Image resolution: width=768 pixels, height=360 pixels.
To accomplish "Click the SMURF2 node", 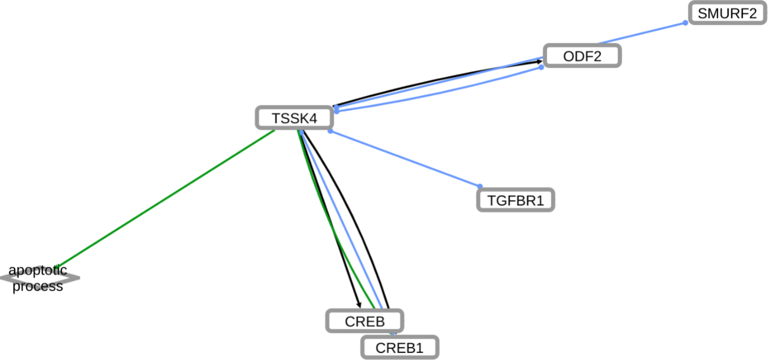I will (x=727, y=13).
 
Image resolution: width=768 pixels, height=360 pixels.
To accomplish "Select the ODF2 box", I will (x=582, y=56).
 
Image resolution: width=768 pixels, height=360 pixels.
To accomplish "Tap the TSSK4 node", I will (x=294, y=118).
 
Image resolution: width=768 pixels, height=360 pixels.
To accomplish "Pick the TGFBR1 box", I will (x=515, y=201).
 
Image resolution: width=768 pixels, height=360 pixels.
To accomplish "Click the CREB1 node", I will (x=400, y=348).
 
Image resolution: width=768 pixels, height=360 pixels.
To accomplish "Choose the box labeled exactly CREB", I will (x=365, y=321).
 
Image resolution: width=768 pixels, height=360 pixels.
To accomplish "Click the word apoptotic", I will (x=38, y=270).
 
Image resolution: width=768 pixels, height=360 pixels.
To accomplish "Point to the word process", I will (x=38, y=286).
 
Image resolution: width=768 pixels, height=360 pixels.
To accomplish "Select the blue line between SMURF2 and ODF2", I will (x=643, y=32).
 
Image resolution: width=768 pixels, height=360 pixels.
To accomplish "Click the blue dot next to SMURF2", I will (x=685, y=23).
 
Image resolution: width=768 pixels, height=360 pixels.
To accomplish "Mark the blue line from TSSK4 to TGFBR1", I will (x=406, y=159).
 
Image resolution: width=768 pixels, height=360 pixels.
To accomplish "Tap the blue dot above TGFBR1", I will (x=480, y=186).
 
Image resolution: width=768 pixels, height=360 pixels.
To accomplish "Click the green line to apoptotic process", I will (x=168, y=199).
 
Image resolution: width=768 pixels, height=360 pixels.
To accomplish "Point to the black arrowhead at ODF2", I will (x=540, y=60).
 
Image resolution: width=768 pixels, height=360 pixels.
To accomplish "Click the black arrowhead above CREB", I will (x=359, y=306).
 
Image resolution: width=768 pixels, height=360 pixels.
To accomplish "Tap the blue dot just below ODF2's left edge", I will (x=541, y=67).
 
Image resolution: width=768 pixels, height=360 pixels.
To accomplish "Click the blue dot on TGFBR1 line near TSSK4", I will (x=330, y=132).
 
